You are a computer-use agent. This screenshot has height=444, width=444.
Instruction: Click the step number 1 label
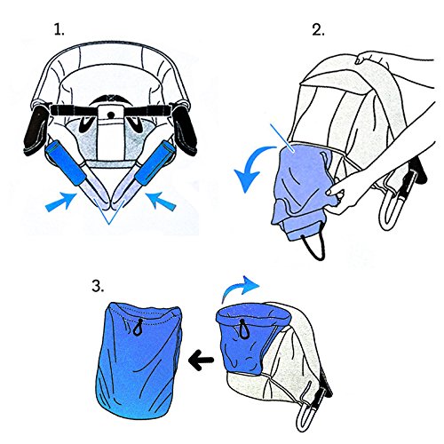click(59, 29)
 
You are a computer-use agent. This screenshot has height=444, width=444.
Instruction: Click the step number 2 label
click(318, 29)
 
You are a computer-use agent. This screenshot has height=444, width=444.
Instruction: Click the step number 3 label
click(98, 286)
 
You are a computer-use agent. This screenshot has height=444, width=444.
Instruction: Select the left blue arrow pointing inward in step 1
click(60, 202)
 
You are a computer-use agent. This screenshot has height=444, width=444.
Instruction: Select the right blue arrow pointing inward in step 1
click(160, 202)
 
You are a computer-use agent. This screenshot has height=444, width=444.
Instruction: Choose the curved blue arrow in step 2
click(251, 167)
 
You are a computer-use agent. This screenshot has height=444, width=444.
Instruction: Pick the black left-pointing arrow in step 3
click(202, 360)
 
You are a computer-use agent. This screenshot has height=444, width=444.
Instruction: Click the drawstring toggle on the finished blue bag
click(139, 327)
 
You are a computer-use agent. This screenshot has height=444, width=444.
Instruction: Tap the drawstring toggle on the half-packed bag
click(243, 329)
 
